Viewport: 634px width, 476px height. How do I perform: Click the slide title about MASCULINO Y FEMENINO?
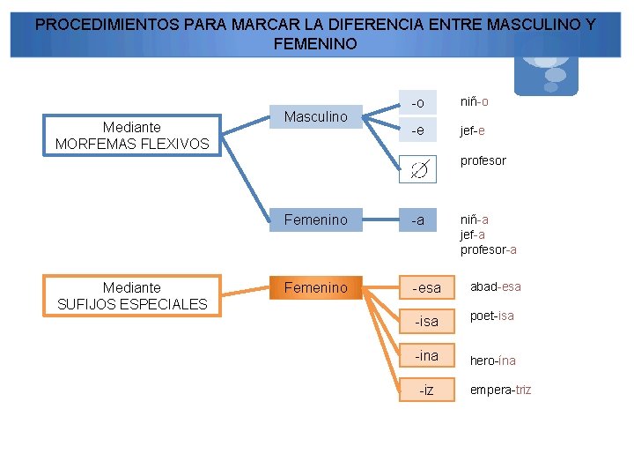pos(315,33)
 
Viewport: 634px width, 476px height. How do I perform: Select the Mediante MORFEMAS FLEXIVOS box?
pos(132,136)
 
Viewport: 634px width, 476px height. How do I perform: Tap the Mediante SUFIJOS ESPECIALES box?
pos(132,296)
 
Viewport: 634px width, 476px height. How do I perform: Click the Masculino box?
pos(315,116)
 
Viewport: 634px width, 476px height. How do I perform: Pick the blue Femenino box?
pos(315,219)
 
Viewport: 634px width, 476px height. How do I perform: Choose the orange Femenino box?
pos(315,287)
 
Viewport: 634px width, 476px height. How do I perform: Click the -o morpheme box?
pos(417,103)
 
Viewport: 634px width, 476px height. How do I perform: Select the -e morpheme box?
pos(417,131)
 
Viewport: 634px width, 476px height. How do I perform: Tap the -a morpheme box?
pos(417,219)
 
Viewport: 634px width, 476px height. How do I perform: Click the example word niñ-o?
pos(474,101)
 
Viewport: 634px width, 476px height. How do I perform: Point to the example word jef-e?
pos(472,131)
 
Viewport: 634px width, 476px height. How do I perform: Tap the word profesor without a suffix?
pos(483,160)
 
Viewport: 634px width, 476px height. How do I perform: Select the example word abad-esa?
pos(495,286)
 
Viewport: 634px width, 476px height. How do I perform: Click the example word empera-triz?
pos(500,390)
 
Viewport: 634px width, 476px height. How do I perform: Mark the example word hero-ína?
pos(492,361)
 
